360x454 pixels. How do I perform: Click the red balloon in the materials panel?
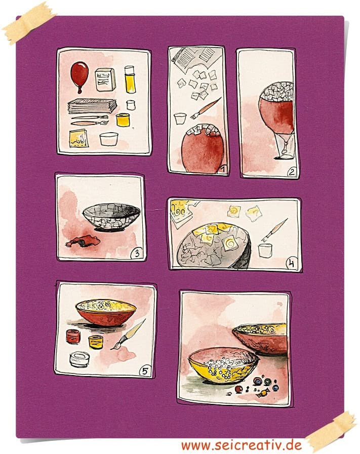point(79,76)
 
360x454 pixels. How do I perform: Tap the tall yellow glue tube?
point(130,79)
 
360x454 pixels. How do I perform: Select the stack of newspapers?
point(92,106)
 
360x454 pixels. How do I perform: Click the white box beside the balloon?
point(105,79)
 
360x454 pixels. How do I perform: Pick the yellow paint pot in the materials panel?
point(123,119)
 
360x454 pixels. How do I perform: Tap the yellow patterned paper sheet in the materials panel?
point(78,138)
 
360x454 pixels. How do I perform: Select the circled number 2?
point(292,172)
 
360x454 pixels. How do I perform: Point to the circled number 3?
point(137,254)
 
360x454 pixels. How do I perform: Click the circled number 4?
point(292,264)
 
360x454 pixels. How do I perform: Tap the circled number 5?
point(145,370)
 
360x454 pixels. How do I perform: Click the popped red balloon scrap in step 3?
point(83,241)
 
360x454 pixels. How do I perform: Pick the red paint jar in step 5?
point(73,336)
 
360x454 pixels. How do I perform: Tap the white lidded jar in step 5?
point(79,359)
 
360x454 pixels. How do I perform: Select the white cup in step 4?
point(265,251)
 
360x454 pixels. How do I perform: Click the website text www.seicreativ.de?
point(242,445)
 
